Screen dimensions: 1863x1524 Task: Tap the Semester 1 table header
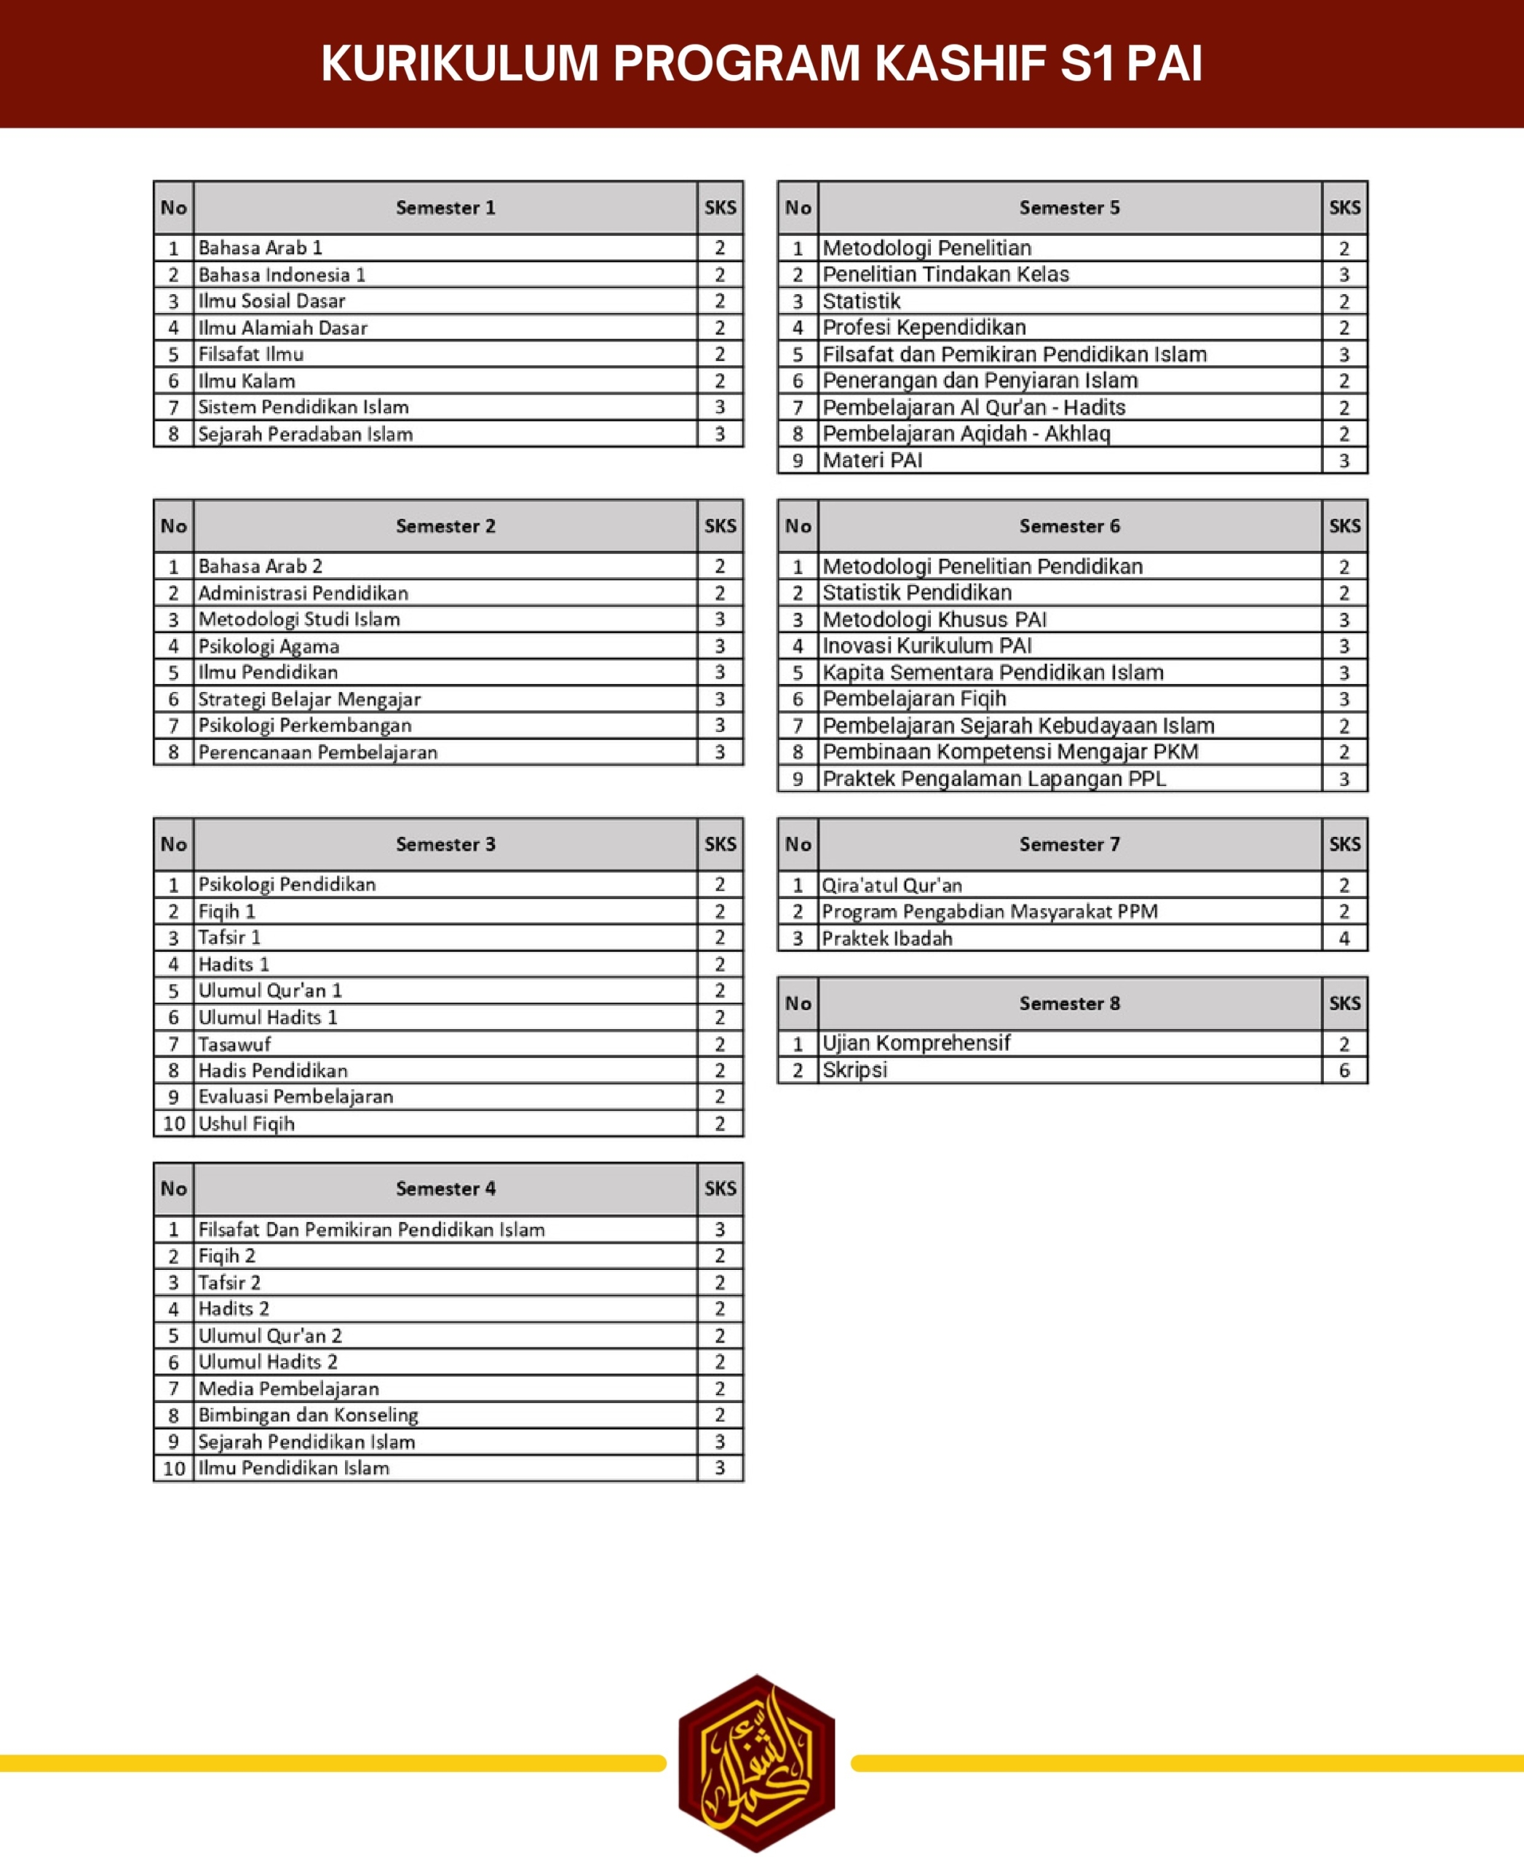coord(445,208)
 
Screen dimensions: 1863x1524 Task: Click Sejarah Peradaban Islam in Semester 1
coord(306,434)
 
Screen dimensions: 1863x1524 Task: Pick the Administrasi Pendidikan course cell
coord(303,592)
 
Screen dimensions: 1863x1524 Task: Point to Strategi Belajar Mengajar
coord(309,699)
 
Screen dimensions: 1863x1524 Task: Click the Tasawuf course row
coord(234,1044)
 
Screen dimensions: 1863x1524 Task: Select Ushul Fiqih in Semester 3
coord(247,1123)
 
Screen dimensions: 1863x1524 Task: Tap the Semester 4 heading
coord(445,1188)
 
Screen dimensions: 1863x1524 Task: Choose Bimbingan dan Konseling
coord(308,1415)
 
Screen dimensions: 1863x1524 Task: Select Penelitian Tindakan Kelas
coord(945,274)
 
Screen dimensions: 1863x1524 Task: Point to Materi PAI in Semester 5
coord(872,460)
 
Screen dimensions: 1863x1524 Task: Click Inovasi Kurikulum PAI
coord(927,646)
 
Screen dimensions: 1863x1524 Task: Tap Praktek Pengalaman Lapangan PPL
coord(993,779)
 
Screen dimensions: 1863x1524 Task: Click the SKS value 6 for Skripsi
coord(1344,1070)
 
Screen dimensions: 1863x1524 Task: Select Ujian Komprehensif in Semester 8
coord(916,1043)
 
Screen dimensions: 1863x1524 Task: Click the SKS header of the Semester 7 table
coord(1344,845)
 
